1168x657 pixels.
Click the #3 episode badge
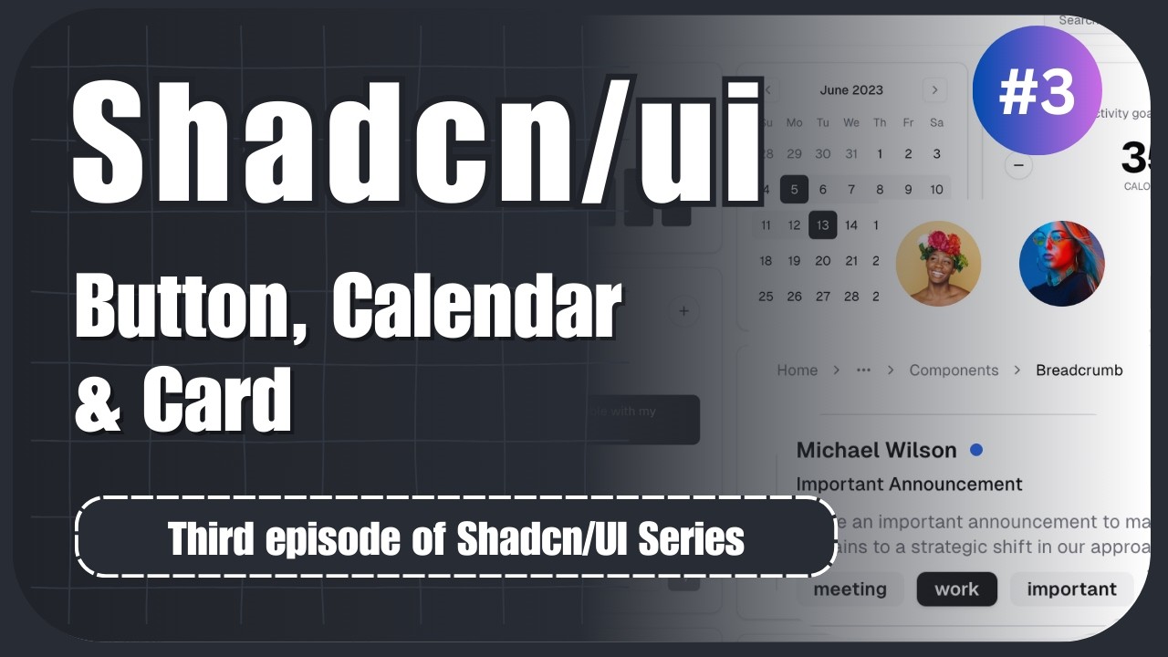(1037, 91)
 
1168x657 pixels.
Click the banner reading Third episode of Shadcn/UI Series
(455, 537)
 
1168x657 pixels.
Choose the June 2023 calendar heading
(851, 89)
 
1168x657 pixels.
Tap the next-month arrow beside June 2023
(934, 89)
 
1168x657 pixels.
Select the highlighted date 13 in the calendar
(822, 224)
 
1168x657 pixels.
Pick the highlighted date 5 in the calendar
(794, 189)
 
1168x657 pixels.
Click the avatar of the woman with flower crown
(938, 264)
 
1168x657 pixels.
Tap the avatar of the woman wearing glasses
(1061, 264)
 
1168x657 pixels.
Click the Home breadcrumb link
(797, 370)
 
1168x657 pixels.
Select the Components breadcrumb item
(954, 370)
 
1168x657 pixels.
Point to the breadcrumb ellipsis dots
(863, 370)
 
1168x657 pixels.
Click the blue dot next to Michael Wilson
(976, 450)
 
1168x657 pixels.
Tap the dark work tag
(956, 589)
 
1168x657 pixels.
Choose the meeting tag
(850, 589)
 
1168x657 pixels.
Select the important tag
(1071, 589)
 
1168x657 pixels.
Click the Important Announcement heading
(909, 484)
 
